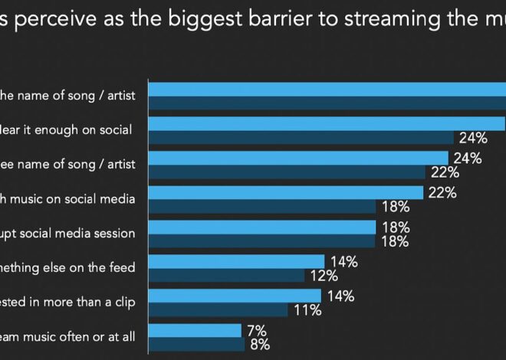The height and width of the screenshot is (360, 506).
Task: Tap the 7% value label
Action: coord(257,330)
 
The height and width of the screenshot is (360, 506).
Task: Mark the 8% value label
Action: coord(258,344)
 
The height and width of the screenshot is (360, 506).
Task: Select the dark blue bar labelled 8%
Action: coord(195,344)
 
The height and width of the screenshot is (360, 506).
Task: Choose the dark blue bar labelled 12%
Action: coord(226,276)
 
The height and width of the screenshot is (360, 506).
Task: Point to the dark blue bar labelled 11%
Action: coord(218,310)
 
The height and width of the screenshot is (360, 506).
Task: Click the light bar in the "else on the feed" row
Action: coord(236,262)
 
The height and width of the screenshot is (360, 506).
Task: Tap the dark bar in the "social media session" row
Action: coord(261,241)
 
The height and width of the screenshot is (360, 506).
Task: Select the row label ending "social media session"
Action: coord(68,233)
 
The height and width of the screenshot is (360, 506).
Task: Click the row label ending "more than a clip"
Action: coord(68,302)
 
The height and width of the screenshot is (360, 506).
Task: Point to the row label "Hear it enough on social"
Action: coord(68,129)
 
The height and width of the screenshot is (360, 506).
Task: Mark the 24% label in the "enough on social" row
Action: coord(473,139)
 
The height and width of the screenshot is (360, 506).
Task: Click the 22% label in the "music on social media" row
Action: coord(442,193)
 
